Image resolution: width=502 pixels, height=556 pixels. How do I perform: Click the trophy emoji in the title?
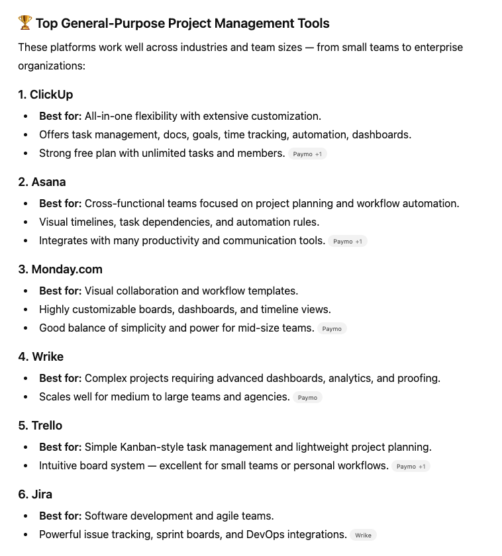(25, 24)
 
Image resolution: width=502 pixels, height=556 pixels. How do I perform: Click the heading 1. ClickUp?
(46, 95)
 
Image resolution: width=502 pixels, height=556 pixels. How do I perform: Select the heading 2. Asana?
(42, 182)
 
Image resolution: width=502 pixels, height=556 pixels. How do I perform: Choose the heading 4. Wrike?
(41, 357)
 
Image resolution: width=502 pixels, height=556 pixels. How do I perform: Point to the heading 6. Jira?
(35, 494)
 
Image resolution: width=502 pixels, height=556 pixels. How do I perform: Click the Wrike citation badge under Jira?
(364, 535)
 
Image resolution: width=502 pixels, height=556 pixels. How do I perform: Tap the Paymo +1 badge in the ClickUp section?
(307, 154)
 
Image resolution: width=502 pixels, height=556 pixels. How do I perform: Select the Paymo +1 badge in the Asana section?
(348, 241)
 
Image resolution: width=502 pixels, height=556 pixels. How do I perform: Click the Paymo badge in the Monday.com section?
(332, 328)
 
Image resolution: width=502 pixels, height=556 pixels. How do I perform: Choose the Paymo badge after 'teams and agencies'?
(307, 397)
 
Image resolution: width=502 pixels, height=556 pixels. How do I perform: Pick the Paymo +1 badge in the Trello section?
(411, 466)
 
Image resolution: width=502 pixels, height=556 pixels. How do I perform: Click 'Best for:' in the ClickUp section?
(60, 116)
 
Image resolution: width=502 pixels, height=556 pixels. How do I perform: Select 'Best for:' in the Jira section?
(60, 516)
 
